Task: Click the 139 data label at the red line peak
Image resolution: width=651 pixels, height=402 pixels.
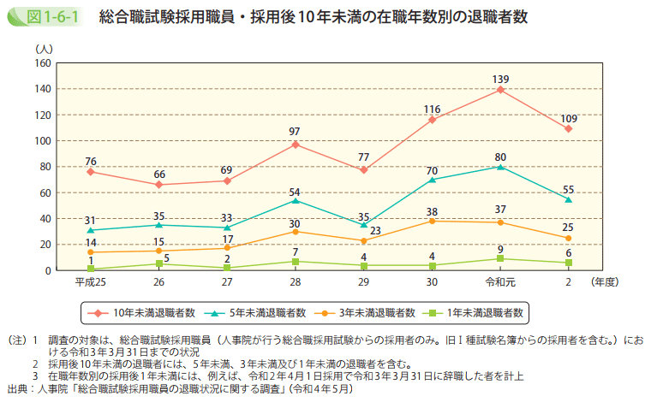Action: pos(500,79)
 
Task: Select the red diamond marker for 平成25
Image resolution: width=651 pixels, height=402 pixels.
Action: pos(91,172)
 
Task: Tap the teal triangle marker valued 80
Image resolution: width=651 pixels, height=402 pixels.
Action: pos(500,167)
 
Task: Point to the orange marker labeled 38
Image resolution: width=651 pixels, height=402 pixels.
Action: pos(432,221)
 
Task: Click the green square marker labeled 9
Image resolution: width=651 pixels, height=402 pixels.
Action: pos(500,258)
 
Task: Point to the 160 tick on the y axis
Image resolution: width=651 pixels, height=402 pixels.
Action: pos(43,63)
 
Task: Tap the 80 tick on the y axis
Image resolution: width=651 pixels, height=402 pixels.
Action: pos(45,167)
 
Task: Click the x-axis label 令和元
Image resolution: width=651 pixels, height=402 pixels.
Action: pos(500,281)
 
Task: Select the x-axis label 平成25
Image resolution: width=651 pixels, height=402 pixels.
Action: pos(91,281)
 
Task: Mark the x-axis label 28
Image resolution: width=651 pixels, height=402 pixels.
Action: pos(296,281)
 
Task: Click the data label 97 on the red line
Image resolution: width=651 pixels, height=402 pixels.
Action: pos(296,132)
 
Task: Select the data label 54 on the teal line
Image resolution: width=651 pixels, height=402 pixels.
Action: pos(296,191)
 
